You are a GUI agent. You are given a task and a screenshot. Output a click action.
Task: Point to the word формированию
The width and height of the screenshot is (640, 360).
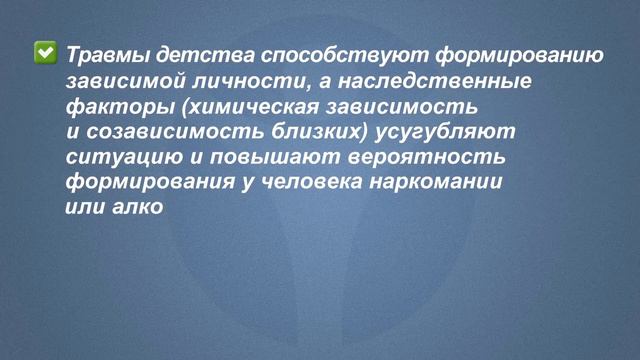518,54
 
